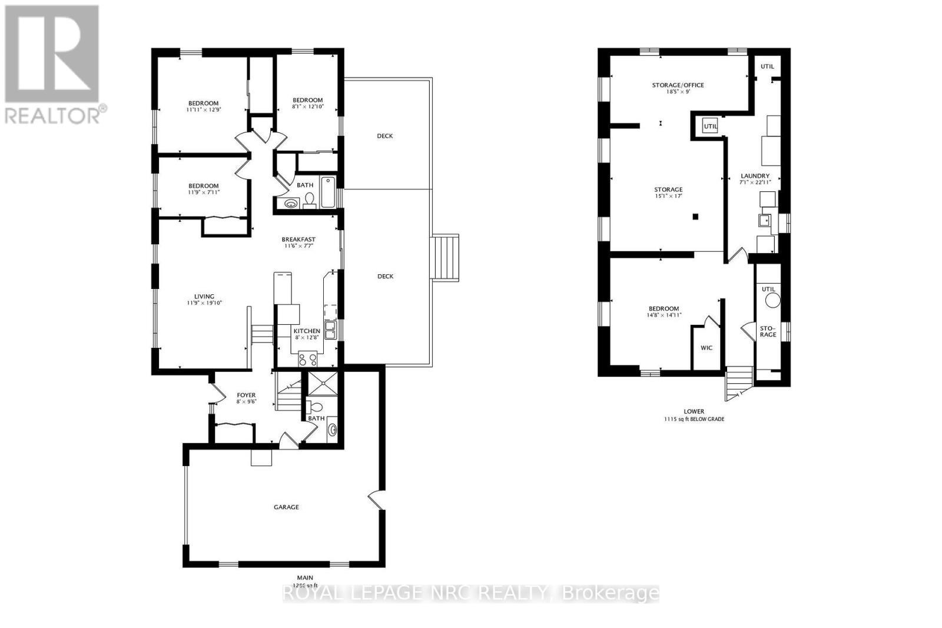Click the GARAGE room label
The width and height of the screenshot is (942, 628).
286,507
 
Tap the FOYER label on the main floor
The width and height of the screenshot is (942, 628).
246,395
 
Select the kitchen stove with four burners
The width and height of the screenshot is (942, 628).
308,358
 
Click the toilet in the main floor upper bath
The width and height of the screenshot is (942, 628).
309,201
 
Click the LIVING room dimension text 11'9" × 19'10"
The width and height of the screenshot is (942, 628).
204,303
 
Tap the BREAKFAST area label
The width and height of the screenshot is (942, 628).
298,240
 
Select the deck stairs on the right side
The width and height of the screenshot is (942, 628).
445,257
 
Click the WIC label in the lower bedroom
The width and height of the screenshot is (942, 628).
706,348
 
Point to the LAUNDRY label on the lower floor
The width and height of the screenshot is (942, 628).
755,176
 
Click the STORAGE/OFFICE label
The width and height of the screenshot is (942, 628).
678,85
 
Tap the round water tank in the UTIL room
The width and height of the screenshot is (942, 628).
772,300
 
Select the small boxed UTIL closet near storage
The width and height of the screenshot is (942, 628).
710,126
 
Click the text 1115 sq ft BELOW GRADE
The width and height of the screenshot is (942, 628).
694,420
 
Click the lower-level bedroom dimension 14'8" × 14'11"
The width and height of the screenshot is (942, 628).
664,315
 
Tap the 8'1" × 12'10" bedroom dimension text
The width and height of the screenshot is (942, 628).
308,107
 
